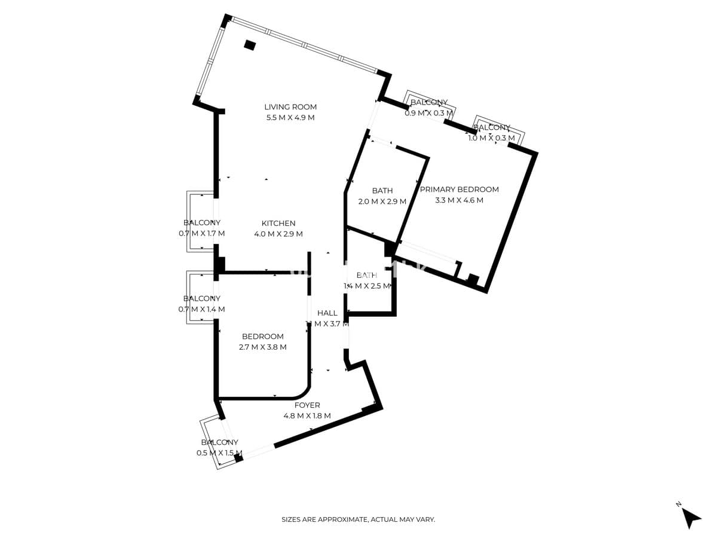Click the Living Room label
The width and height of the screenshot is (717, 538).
click(290, 107)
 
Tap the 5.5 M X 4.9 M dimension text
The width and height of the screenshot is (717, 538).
click(290, 118)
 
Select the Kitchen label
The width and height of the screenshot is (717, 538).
click(278, 224)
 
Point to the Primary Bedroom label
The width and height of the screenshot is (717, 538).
click(459, 189)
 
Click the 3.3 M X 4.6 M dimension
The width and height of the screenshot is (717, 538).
click(459, 200)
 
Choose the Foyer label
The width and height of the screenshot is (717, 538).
click(307, 405)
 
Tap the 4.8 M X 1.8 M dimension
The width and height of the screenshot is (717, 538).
click(307, 416)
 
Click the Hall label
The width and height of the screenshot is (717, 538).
click(327, 313)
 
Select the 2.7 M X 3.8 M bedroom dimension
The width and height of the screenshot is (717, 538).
click(263, 347)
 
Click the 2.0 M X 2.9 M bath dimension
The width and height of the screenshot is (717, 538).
click(382, 201)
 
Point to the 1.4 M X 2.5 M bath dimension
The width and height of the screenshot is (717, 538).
click(367, 286)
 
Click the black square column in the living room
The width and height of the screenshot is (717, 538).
click(250, 45)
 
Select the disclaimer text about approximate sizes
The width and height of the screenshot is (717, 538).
click(358, 520)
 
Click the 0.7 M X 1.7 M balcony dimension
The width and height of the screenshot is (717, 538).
click(202, 234)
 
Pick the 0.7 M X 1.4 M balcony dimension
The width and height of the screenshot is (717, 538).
click(202, 310)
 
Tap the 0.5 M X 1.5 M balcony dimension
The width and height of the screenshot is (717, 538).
click(219, 453)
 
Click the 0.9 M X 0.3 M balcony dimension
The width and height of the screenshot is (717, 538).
click(429, 113)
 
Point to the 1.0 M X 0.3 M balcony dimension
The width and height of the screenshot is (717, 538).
click(492, 138)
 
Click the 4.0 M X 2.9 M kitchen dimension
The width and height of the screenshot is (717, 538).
click(278, 234)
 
